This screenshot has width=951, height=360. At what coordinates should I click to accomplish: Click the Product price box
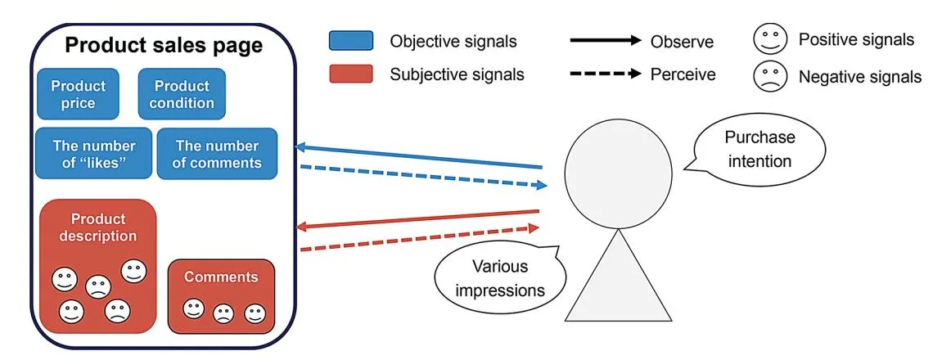click(x=79, y=94)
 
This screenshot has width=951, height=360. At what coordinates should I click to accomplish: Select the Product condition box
click(x=181, y=94)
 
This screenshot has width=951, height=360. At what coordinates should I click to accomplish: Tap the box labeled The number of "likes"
click(x=93, y=154)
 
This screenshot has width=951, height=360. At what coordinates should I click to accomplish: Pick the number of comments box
click(x=218, y=154)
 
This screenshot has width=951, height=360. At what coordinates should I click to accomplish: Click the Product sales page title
click(x=164, y=46)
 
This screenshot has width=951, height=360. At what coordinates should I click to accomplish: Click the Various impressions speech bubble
click(x=500, y=278)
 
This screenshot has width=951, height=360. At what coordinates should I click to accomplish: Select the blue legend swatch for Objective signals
click(x=351, y=41)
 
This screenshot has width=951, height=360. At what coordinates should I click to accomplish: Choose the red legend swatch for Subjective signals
click(x=351, y=74)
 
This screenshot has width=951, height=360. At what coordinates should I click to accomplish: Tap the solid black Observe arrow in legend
click(x=605, y=41)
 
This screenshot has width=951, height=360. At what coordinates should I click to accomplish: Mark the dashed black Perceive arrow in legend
click(x=605, y=74)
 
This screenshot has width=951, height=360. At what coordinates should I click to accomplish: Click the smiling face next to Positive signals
click(x=771, y=41)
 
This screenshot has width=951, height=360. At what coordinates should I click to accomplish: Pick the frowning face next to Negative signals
click(x=771, y=76)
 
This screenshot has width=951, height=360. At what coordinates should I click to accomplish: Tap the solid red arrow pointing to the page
click(x=417, y=218)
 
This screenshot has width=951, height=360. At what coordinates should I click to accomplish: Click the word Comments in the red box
click(x=221, y=277)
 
